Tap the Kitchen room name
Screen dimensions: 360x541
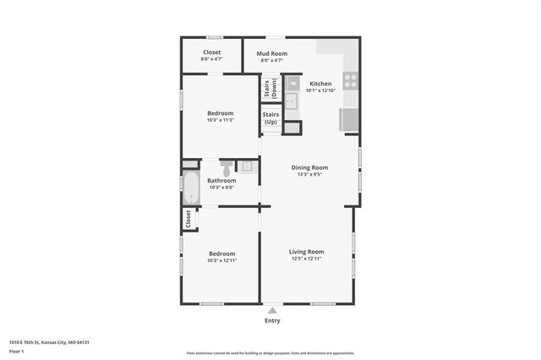click(320, 84)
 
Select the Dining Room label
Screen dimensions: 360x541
click(309, 167)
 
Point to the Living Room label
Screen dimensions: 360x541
click(307, 252)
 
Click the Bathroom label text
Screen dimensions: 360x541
click(221, 180)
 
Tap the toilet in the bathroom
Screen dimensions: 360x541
click(227, 166)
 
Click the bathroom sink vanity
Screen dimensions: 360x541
click(246, 166)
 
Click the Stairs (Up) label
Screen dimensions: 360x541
click(270, 118)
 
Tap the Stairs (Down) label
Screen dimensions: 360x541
click(270, 88)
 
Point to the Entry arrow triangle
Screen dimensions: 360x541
click(272, 311)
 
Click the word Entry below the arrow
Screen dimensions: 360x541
click(272, 321)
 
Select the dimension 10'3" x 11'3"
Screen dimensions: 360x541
click(221, 120)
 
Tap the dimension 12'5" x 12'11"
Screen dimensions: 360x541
click(307, 259)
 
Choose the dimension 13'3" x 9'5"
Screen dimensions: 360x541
click(309, 175)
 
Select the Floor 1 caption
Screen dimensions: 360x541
click(17, 351)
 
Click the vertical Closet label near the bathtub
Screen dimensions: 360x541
click(188, 218)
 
